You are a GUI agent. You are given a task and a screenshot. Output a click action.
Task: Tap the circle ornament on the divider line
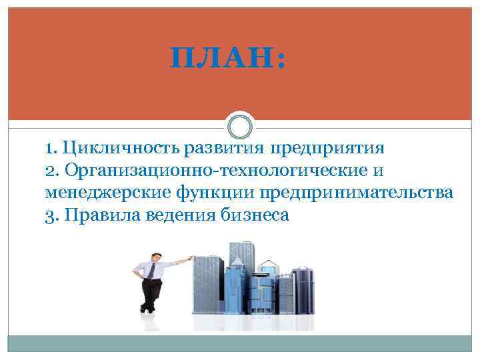point(240,125)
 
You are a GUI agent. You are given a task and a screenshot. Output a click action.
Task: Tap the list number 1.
point(51,147)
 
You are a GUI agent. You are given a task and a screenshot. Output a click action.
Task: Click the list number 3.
point(51,215)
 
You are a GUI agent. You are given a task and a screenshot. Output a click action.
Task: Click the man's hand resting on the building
point(191,258)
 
